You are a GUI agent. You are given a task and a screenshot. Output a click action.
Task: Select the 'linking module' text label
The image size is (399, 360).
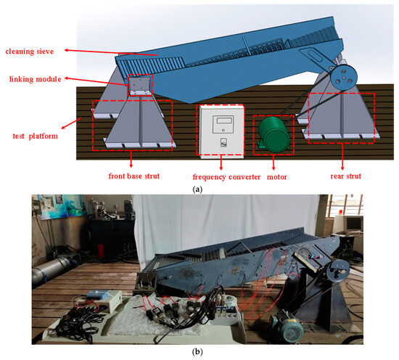point(29,78)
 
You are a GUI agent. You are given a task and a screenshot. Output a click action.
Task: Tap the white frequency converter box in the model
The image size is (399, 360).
point(221,131)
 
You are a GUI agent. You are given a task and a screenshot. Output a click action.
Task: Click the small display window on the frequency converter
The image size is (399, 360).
point(221,120)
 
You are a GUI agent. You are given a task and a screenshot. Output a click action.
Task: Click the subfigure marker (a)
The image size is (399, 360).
point(199,187)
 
